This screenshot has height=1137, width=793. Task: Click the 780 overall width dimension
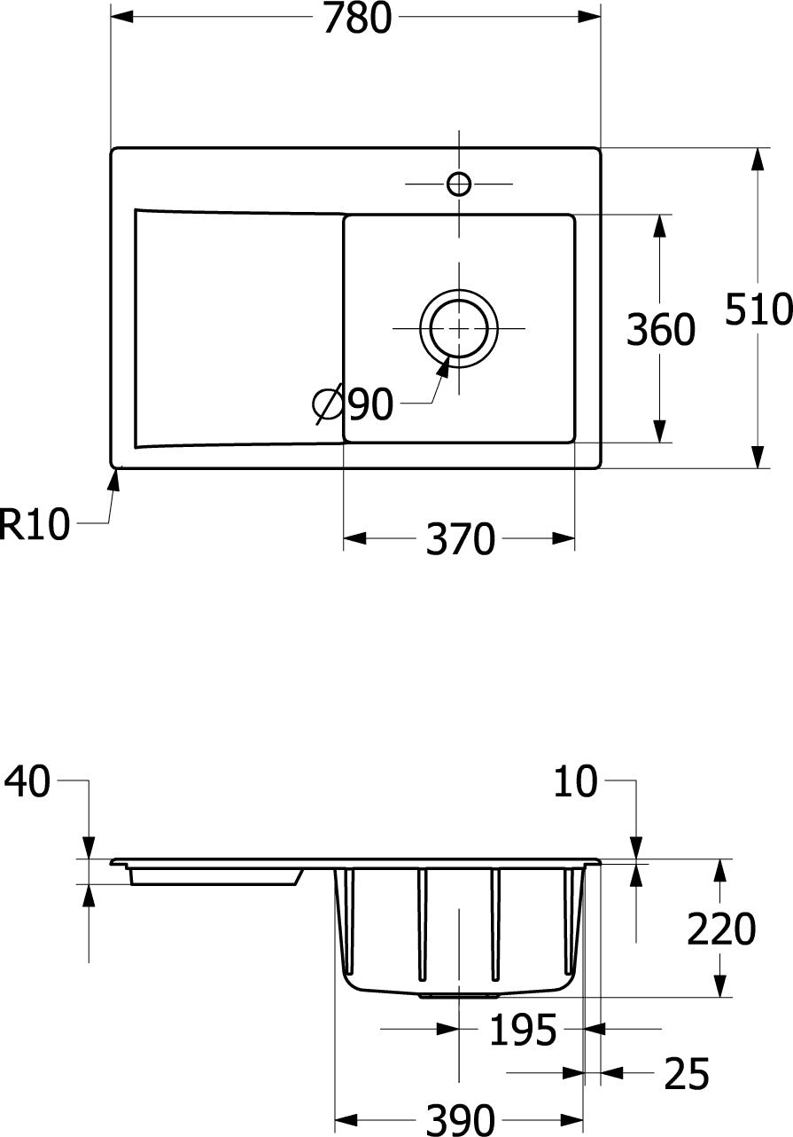coord(357,19)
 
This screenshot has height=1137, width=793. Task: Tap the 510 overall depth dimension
coord(758,310)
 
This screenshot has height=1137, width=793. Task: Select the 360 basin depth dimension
coord(660,330)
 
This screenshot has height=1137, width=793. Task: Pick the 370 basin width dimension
coord(460,539)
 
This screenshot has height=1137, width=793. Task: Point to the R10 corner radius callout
coord(34,524)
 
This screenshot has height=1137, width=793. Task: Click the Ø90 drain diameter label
coord(353,405)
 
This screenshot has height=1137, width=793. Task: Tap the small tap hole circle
coord(459,184)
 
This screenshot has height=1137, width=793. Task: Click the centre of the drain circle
coord(459,328)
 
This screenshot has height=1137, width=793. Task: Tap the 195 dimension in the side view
coord(523,1030)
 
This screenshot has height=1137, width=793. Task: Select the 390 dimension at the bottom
coord(460,1119)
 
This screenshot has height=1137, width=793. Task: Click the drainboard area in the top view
coord(239,328)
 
